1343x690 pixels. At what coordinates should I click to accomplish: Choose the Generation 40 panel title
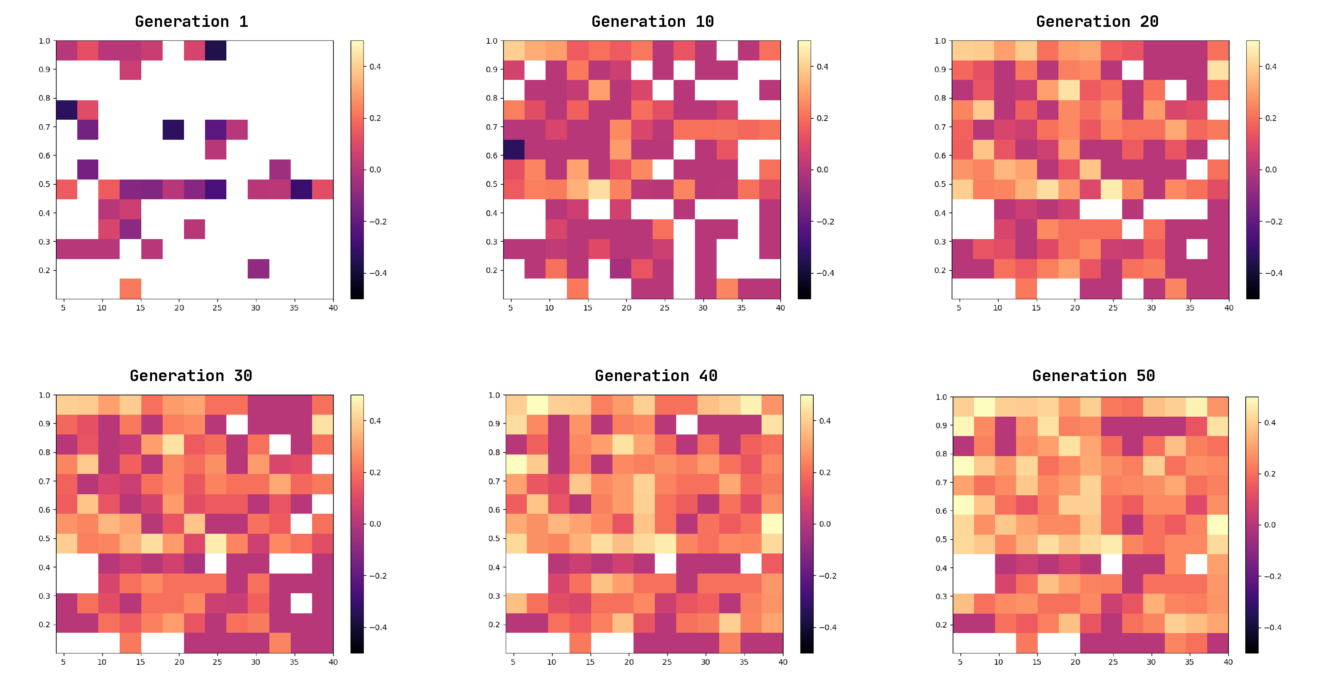(656, 376)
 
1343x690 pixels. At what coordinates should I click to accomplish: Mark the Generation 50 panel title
(1093, 376)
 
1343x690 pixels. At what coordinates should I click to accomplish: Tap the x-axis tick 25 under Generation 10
(664, 308)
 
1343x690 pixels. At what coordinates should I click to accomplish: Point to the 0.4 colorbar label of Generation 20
(1271, 67)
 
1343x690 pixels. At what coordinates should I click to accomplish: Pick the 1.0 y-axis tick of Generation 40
(494, 395)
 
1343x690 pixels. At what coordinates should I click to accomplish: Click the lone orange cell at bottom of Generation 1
(130, 289)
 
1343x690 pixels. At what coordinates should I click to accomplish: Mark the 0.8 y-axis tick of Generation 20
(940, 98)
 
